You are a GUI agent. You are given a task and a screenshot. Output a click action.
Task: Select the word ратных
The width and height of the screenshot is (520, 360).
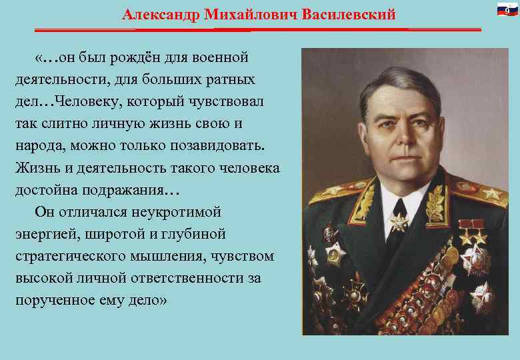[x=231, y=80]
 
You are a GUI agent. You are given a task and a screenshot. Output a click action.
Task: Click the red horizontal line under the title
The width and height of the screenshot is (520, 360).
[x=257, y=29]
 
